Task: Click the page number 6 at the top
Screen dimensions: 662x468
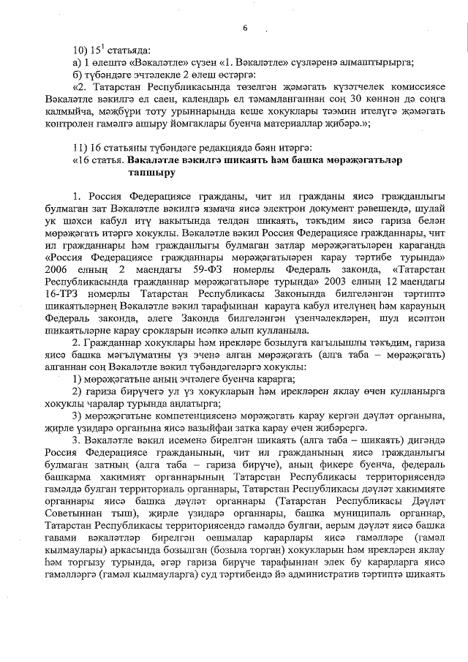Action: [x=245, y=27]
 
